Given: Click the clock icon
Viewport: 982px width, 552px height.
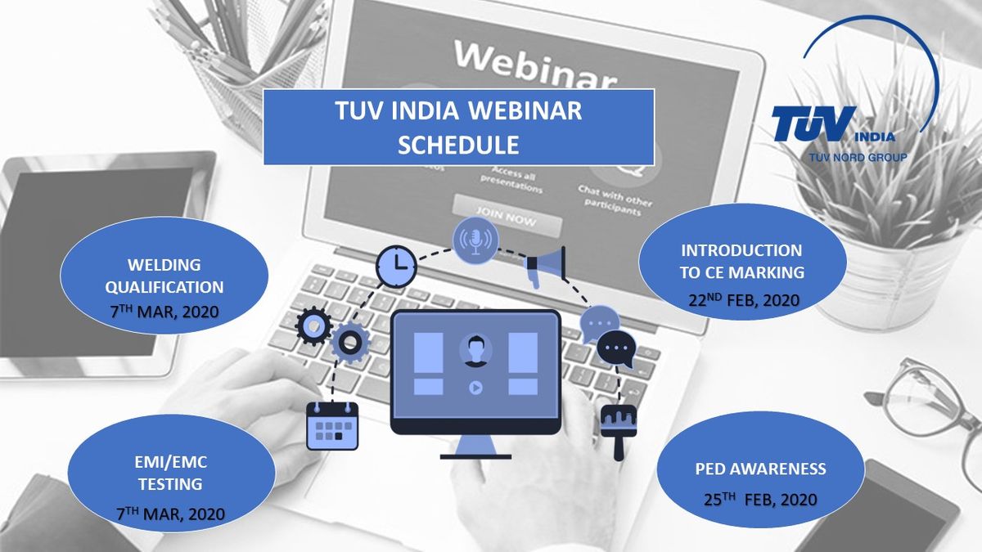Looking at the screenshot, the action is [396, 266].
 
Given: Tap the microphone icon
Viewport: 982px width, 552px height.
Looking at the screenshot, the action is [475, 240].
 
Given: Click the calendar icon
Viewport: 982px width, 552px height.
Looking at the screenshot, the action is [332, 426].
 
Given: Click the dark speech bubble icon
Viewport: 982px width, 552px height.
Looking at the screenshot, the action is [616, 349].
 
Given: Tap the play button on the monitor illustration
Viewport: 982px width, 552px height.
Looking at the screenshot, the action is [475, 388].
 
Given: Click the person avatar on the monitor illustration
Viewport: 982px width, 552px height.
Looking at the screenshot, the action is [475, 351].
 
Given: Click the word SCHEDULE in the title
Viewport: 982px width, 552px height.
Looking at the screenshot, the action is [458, 145].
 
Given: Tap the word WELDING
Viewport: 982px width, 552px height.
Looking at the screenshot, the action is [164, 265].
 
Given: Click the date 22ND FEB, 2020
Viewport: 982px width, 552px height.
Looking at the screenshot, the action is [744, 301].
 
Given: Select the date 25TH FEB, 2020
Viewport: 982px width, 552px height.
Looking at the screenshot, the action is [760, 500].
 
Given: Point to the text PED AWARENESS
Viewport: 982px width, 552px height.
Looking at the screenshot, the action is [760, 469].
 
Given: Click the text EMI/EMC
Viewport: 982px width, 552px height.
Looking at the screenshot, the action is [170, 463].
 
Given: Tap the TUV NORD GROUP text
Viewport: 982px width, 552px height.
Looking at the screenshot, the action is [858, 157].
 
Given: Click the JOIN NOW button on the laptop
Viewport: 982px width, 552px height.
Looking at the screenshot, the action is [507, 217].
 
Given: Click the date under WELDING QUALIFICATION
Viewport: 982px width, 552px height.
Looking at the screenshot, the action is [164, 312].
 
